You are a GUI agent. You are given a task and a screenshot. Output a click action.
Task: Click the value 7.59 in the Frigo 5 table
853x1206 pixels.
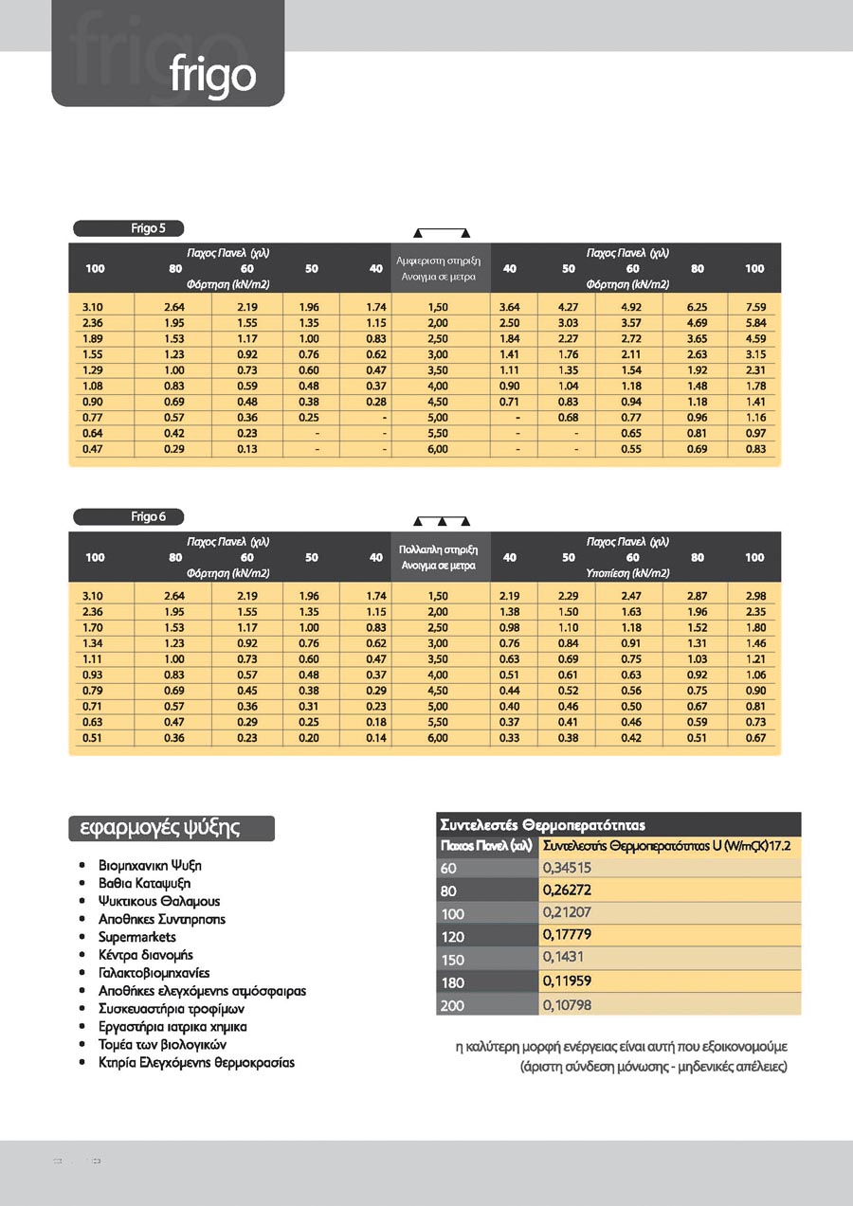point(754,307)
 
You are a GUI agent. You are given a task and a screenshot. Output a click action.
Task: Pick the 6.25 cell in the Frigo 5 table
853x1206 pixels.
point(697,307)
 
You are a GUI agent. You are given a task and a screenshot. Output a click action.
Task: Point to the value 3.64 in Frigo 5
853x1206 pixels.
point(509,307)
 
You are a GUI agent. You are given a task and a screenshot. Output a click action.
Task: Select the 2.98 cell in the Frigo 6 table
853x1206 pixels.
point(754,596)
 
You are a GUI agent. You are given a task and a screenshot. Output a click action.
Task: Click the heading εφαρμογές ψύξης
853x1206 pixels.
point(172,828)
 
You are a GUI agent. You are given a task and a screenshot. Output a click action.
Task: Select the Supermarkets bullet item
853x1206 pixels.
point(137,937)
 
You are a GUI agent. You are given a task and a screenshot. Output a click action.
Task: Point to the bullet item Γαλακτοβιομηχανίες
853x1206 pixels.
point(154,973)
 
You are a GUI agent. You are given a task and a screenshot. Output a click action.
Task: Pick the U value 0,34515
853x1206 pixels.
point(567,868)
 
